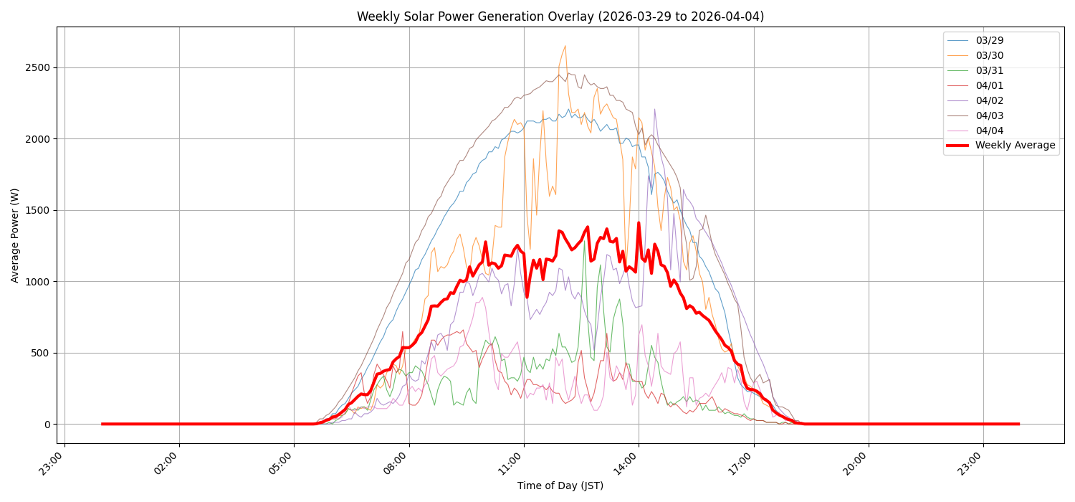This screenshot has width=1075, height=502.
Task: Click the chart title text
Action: [x=560, y=16]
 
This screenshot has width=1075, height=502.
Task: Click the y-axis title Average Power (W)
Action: [x=15, y=235]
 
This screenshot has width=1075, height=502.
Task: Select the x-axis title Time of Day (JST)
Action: [x=560, y=486]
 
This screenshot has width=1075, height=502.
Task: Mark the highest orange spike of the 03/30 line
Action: [x=565, y=46]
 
